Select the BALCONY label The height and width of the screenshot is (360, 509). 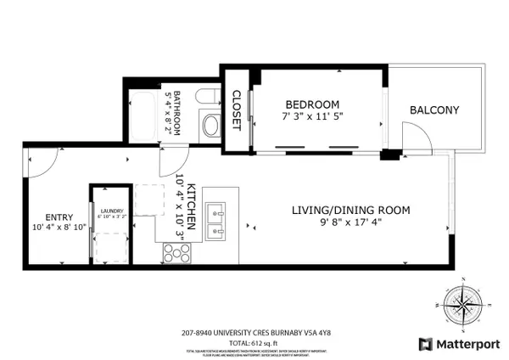coord(434,110)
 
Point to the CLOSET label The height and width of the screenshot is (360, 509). coord(237,111)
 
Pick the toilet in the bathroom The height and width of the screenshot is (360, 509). coord(209,125)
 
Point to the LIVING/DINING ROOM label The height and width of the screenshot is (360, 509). coord(351,210)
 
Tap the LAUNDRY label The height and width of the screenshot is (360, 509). coord(112,211)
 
